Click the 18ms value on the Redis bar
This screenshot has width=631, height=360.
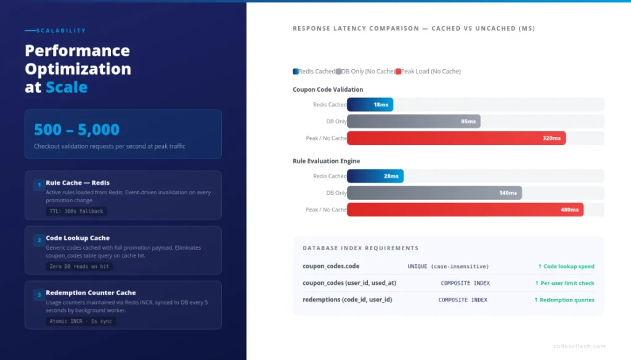click(x=381, y=105)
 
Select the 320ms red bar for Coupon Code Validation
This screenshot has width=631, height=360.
click(x=456, y=138)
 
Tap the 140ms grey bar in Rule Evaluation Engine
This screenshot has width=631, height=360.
click(x=434, y=193)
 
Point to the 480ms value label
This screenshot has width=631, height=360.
click(x=569, y=210)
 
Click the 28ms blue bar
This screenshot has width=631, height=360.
click(x=375, y=176)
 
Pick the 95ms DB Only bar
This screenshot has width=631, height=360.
click(x=413, y=121)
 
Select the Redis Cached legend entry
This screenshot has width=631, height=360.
click(x=314, y=72)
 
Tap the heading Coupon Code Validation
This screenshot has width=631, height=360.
click(x=328, y=90)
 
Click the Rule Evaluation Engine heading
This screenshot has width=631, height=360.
click(x=326, y=162)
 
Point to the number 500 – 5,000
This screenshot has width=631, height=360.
click(x=76, y=130)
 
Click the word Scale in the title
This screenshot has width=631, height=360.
click(x=67, y=88)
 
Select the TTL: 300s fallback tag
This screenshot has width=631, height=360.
click(x=76, y=211)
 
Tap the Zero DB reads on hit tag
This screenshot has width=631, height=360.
click(x=79, y=267)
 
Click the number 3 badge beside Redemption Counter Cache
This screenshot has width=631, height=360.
click(x=38, y=295)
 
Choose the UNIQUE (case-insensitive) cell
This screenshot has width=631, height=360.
click(x=448, y=266)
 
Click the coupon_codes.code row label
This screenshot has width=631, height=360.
click(x=331, y=266)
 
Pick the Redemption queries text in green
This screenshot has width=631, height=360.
click(x=564, y=300)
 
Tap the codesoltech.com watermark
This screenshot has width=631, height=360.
click(x=579, y=346)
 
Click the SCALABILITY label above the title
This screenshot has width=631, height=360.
click(x=61, y=31)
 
